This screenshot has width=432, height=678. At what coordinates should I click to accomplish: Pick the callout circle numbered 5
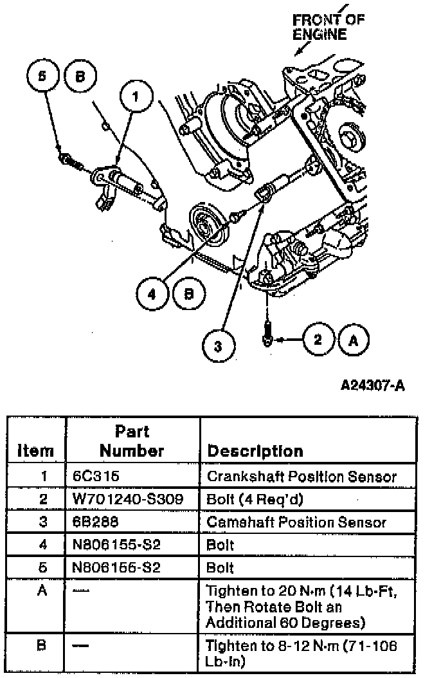click(43, 75)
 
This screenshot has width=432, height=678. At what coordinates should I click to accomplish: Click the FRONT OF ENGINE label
click(328, 26)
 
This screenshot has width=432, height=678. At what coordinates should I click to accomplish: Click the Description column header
click(255, 451)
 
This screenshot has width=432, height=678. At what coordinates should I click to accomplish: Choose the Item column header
click(35, 451)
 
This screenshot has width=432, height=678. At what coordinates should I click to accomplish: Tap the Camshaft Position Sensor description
click(297, 522)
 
